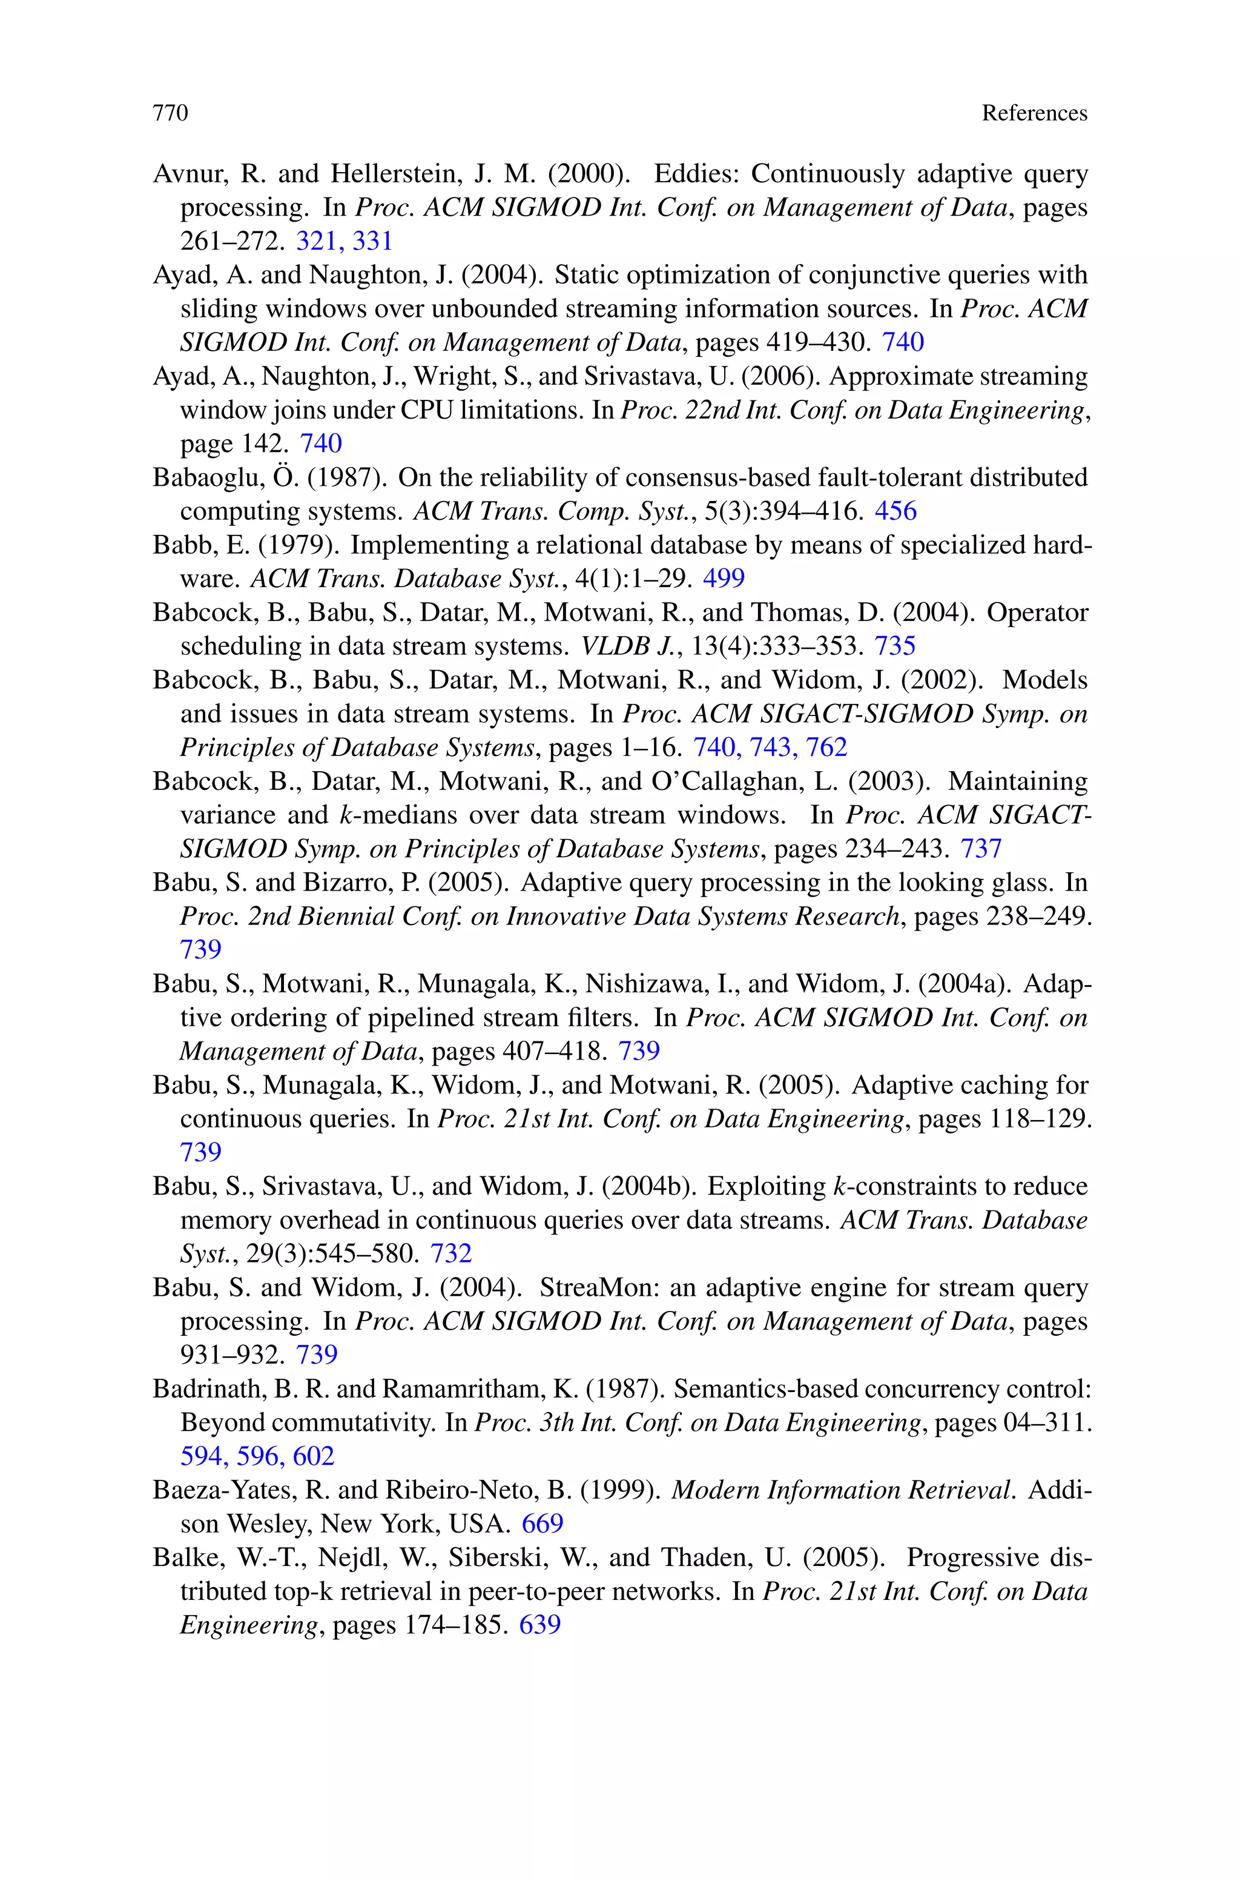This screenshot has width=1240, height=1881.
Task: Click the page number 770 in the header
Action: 171,114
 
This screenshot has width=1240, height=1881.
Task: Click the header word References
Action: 1034,114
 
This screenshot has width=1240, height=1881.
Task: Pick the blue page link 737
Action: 981,849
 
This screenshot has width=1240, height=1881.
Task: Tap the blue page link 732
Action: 450,1255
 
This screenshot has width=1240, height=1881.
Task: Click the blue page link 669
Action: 542,1524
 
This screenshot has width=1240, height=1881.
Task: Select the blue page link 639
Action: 539,1625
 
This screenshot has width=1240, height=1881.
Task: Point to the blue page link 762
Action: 826,748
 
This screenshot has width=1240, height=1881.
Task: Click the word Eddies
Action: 695,173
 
